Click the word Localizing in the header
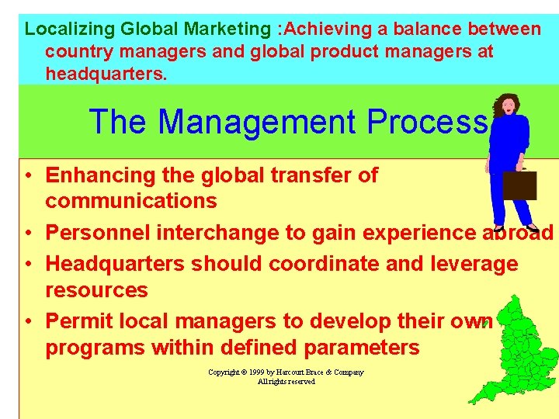[x=69, y=29]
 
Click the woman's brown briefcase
[x=519, y=185]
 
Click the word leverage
[x=473, y=264]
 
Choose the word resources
[x=96, y=290]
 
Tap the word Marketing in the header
[x=227, y=29]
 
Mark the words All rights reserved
[x=286, y=382]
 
